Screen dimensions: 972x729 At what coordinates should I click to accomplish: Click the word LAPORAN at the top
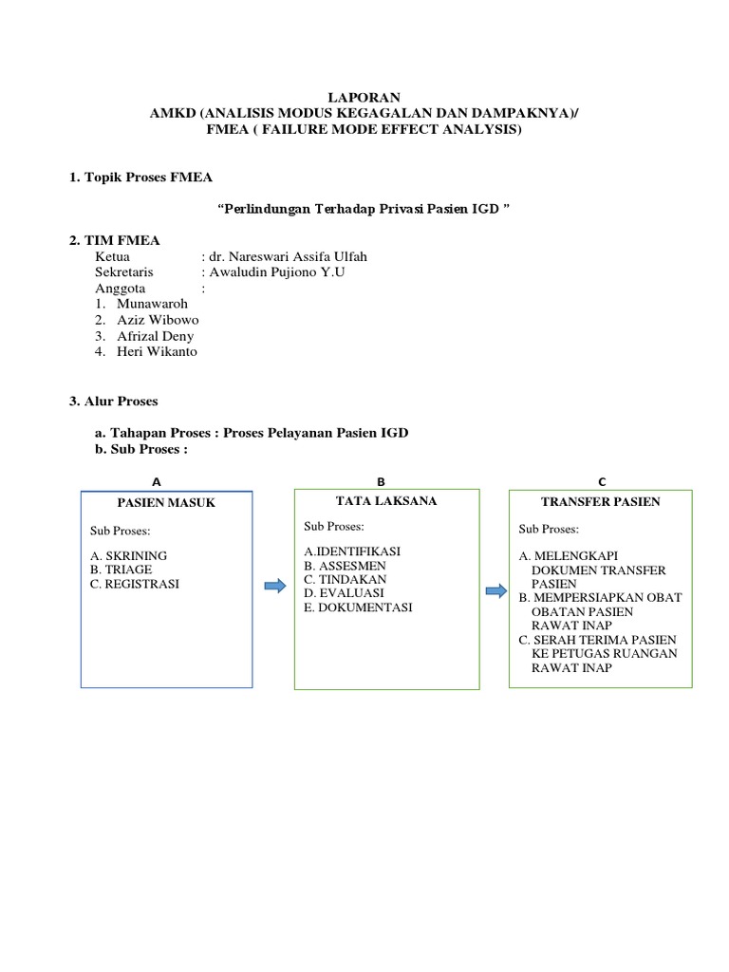pos(364,97)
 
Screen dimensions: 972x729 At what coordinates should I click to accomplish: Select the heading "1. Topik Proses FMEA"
pos(141,177)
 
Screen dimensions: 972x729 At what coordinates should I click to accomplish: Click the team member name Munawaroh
pos(152,304)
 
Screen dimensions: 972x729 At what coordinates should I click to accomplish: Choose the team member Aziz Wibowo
pos(158,320)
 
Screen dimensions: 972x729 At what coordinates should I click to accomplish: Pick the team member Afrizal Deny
pos(155,336)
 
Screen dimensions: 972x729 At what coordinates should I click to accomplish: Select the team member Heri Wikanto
pos(157,352)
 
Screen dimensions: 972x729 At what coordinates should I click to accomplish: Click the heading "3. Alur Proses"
pos(114,402)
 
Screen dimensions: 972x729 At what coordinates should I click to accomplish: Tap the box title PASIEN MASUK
pos(166,503)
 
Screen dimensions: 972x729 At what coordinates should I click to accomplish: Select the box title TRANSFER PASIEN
pos(600,502)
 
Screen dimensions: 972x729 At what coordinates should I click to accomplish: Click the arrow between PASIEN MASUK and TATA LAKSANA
pos(274,587)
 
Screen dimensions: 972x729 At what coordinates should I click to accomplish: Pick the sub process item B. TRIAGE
pos(121,570)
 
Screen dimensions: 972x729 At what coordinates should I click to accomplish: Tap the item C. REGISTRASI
pos(135,584)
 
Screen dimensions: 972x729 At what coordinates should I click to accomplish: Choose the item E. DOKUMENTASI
pos(358,607)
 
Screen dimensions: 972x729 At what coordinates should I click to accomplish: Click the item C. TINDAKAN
pos(346,578)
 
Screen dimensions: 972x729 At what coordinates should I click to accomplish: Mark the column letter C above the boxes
pos(601,482)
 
